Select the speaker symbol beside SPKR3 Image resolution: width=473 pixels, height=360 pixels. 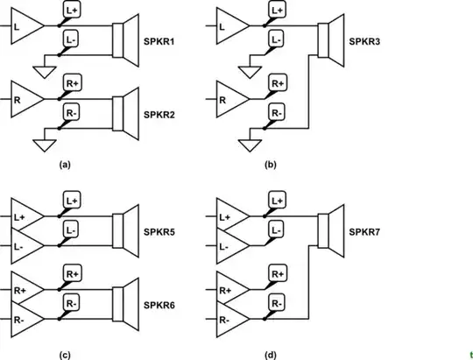(x=329, y=41)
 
